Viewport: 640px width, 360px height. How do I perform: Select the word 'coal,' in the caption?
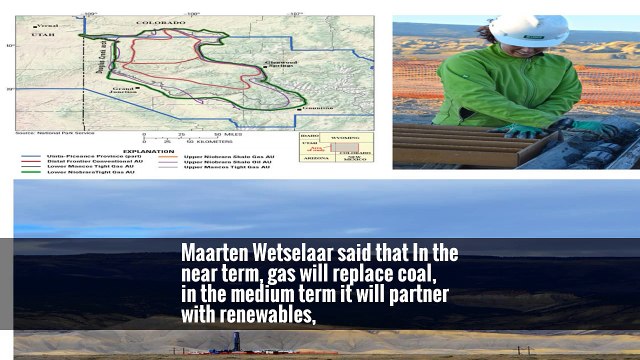coord(410,274)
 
